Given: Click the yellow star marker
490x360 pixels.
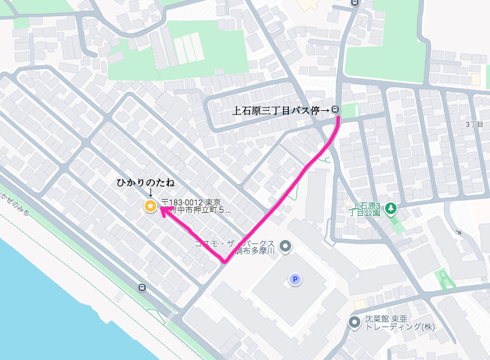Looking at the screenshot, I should pyautogui.click(x=150, y=205).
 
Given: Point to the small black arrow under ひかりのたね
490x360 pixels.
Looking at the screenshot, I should pyautogui.click(x=150, y=193).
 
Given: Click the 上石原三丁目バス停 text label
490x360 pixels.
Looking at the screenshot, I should pyautogui.click(x=281, y=110).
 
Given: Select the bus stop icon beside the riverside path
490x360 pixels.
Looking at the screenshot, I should pyautogui.click(x=142, y=287).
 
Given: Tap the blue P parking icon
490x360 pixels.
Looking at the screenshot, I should pyautogui.click(x=295, y=280).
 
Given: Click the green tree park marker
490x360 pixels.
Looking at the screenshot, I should pyautogui.click(x=391, y=207).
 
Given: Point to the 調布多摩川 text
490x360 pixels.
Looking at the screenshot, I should pyautogui.click(x=257, y=252).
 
